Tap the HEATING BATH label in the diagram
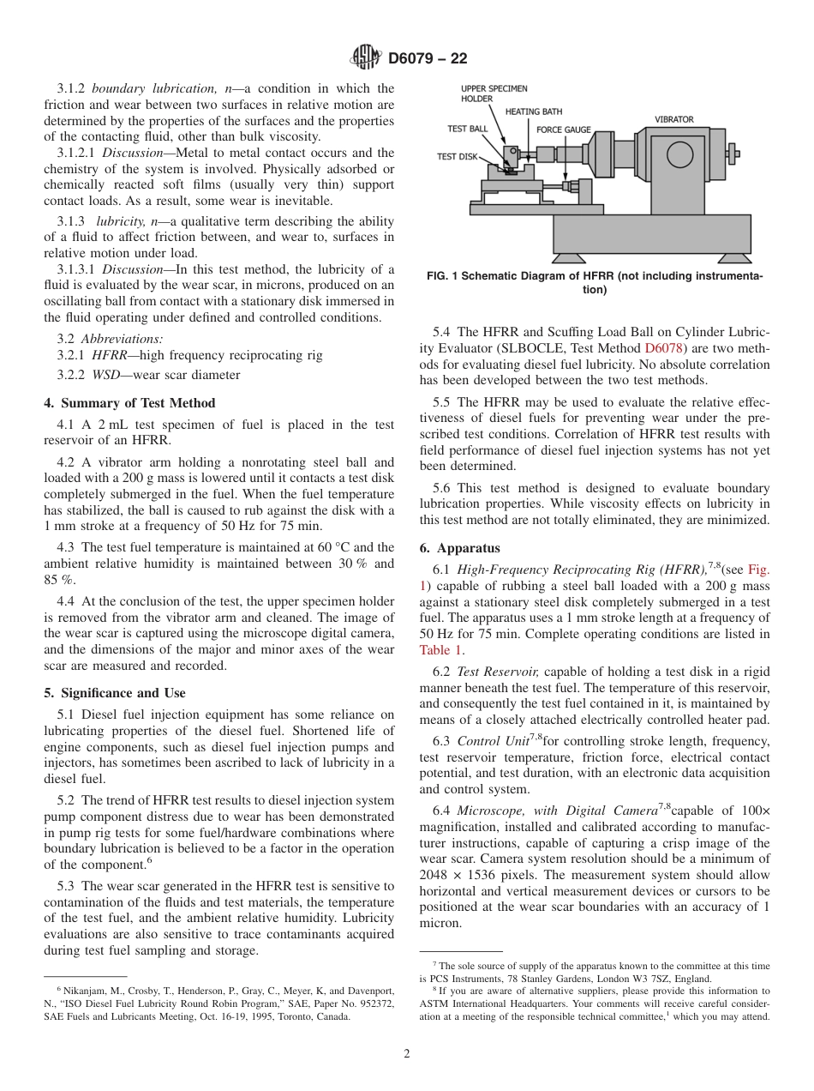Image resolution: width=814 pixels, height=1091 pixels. pyautogui.click(x=534, y=112)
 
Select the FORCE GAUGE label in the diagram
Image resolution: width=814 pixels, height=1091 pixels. pyautogui.click(x=563, y=130)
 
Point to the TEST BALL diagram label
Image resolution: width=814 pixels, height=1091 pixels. pyautogui.click(x=468, y=129)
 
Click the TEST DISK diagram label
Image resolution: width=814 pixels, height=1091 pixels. pyautogui.click(x=458, y=157)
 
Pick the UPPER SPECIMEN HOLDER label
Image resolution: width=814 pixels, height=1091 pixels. pyautogui.click(x=494, y=93)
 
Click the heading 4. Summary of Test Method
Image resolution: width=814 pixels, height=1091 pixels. pyautogui.click(x=129, y=403)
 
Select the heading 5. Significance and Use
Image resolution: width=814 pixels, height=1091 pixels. pyautogui.click(x=115, y=692)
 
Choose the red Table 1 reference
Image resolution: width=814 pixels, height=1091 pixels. pyautogui.click(x=440, y=650)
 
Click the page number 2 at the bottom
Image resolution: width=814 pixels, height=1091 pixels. pyautogui.click(x=406, y=1054)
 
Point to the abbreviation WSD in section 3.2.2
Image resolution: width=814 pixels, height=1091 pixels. pyautogui.click(x=106, y=375)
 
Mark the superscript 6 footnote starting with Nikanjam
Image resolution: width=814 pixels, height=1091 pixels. pyautogui.click(x=218, y=1004)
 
